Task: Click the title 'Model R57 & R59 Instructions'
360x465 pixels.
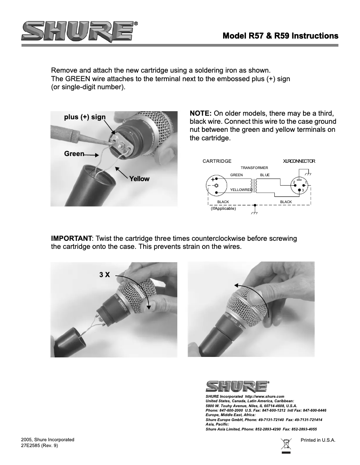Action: pyautogui.click(x=280, y=35)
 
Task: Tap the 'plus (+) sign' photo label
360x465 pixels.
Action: pyautogui.click(x=85, y=117)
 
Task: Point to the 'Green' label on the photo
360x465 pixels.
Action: pyautogui.click(x=74, y=154)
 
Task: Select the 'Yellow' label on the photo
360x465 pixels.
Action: pyautogui.click(x=139, y=178)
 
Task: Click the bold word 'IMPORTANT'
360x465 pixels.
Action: pyautogui.click(x=71, y=238)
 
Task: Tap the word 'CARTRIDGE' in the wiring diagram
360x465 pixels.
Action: pyautogui.click(x=217, y=161)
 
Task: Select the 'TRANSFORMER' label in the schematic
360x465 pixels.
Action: pyautogui.click(x=254, y=168)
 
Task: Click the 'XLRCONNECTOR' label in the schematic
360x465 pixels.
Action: pyautogui.click(x=299, y=161)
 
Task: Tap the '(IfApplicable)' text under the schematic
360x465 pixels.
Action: pyautogui.click(x=223, y=209)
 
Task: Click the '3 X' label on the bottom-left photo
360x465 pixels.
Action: pyautogui.click(x=104, y=274)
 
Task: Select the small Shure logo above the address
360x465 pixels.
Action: pyautogui.click(x=237, y=386)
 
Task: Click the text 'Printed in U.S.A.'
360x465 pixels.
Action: pyautogui.click(x=318, y=440)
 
